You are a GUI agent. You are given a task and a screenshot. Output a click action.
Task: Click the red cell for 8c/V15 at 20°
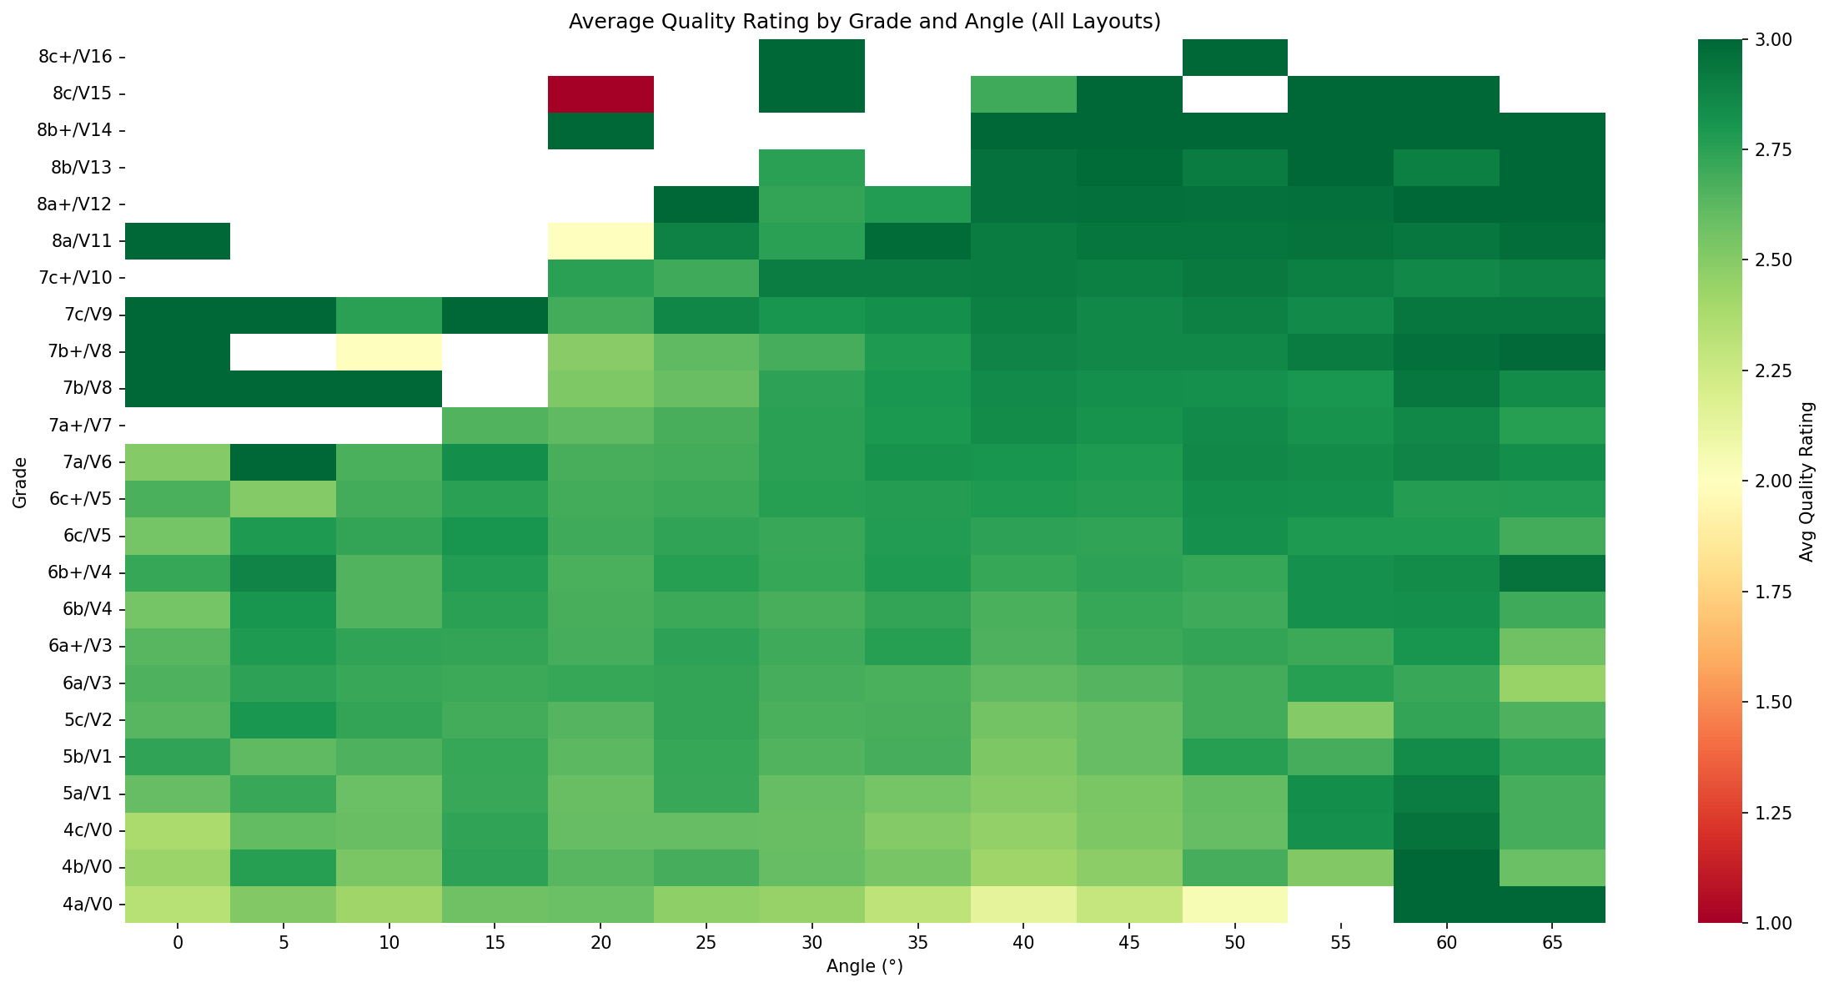[600, 93]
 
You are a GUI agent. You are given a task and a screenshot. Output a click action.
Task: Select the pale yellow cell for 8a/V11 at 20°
[600, 241]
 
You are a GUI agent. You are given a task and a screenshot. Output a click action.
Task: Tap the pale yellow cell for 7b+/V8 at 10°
[389, 351]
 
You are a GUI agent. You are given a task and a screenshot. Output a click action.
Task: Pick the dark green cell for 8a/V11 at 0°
[178, 241]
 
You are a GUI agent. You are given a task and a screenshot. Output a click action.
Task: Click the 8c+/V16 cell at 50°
[1235, 57]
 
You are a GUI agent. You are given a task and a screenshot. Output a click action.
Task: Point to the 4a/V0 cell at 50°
[1235, 904]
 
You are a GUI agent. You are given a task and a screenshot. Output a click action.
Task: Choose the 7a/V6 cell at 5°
[283, 461]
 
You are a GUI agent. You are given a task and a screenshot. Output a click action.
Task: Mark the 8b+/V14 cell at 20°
[600, 130]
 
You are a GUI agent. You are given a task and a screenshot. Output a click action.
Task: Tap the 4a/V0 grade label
[83, 904]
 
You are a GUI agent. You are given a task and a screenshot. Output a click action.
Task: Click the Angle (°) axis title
[865, 967]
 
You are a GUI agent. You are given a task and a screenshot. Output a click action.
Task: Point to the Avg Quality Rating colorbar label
[1806, 481]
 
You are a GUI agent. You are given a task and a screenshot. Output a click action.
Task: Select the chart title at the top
[865, 22]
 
